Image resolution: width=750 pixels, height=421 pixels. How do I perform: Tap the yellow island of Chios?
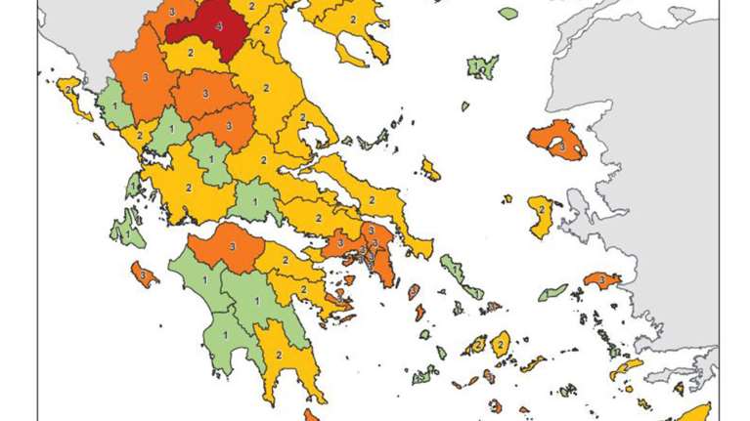(x=541, y=215)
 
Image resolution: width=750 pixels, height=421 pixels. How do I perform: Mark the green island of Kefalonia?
(x=125, y=232)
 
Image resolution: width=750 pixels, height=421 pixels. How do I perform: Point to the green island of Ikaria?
(x=552, y=292)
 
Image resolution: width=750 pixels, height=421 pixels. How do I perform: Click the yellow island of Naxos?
(x=501, y=344)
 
